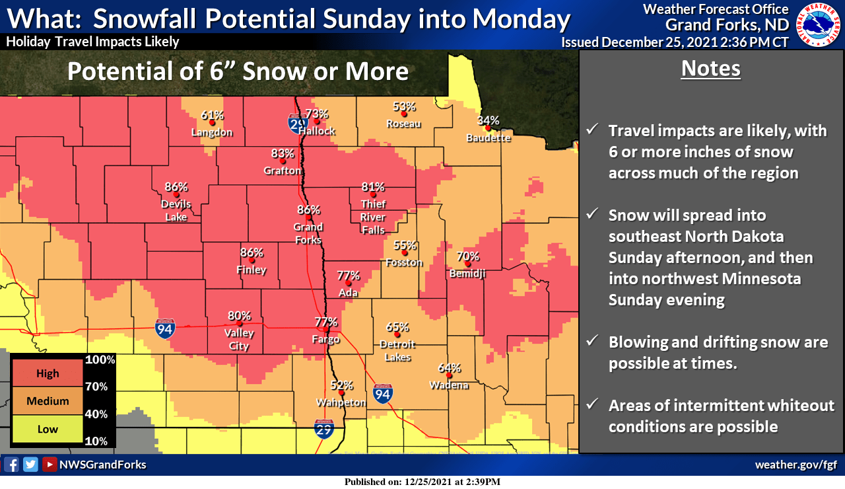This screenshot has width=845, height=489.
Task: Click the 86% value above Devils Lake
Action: (x=176, y=186)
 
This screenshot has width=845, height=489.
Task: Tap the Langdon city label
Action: (x=212, y=132)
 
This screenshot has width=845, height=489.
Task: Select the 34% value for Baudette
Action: (x=489, y=120)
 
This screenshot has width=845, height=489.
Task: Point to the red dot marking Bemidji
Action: (x=467, y=264)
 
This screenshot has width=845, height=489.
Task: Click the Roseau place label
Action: (x=404, y=124)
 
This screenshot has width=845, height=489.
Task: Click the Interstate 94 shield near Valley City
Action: (x=164, y=328)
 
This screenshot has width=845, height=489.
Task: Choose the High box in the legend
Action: (x=48, y=373)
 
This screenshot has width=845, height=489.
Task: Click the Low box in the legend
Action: (x=48, y=429)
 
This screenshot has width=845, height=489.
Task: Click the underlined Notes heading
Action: (x=710, y=69)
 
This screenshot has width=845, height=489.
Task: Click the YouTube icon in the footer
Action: (x=49, y=465)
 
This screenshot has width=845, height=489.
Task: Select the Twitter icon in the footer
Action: (x=30, y=465)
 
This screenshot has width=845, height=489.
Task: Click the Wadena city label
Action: (x=449, y=385)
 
